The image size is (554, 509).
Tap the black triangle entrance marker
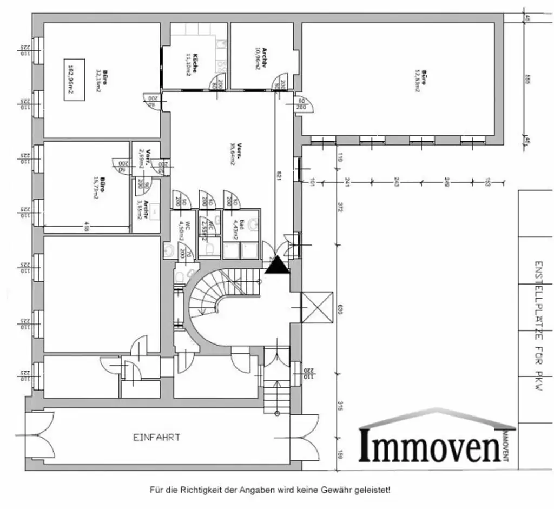(278, 265)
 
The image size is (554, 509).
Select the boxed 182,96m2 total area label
(70, 79)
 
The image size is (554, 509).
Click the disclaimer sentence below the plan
(269, 490)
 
